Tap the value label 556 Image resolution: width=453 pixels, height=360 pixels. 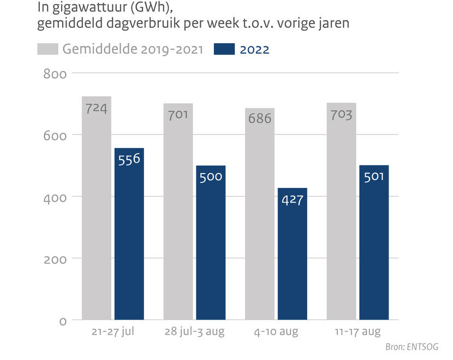(x=129, y=159)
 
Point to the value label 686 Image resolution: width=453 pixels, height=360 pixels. (x=260, y=118)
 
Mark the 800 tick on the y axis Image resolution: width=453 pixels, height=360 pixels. (x=55, y=74)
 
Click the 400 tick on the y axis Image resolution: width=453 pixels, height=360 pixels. (x=55, y=197)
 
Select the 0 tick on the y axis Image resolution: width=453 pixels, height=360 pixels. (x=63, y=321)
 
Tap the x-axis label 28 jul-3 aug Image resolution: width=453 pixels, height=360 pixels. (x=194, y=332)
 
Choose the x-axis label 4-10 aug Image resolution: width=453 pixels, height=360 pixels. (x=276, y=332)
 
